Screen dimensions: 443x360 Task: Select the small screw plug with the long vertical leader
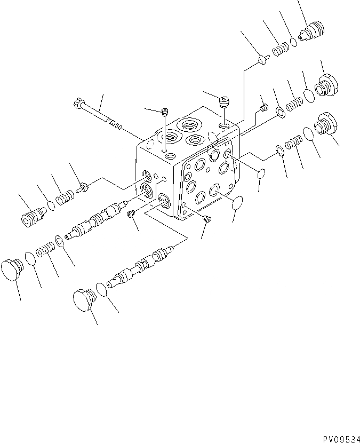point(165,111)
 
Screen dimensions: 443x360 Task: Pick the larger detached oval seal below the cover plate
point(238,202)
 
